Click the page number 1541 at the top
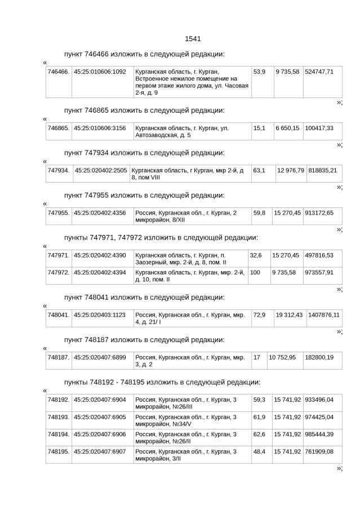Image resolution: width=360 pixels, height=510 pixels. pyautogui.click(x=193, y=39)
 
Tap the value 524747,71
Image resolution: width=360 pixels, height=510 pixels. pyautogui.click(x=319, y=72)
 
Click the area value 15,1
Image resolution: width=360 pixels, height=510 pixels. pyautogui.click(x=259, y=128)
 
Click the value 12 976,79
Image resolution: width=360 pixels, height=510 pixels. pyautogui.click(x=290, y=171)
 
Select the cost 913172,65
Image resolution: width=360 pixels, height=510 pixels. pyautogui.click(x=319, y=213)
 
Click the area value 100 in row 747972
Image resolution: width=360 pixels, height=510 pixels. pyautogui.click(x=255, y=273)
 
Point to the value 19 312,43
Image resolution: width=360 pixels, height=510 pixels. pyautogui.click(x=289, y=315)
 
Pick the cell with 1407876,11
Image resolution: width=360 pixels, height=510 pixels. pyautogui.click(x=323, y=315)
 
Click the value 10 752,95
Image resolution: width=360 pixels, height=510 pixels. pyautogui.click(x=282, y=357)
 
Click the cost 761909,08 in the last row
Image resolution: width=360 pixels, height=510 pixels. pyautogui.click(x=319, y=452)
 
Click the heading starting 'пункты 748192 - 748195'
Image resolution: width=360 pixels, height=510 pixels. pyautogui.click(x=162, y=382)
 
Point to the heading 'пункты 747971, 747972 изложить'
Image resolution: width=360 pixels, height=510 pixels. pyautogui.click(x=161, y=238)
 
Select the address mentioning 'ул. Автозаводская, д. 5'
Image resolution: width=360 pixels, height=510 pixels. pyautogui.click(x=182, y=132)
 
